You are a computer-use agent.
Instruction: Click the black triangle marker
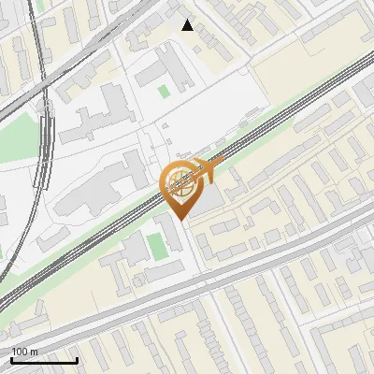click(188, 25)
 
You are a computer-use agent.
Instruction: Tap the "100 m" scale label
click(24, 352)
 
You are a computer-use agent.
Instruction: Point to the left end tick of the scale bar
click(10, 359)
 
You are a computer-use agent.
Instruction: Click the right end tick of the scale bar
click(77, 359)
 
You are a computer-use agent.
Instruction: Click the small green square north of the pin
click(164, 91)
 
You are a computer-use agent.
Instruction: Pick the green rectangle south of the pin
click(154, 244)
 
